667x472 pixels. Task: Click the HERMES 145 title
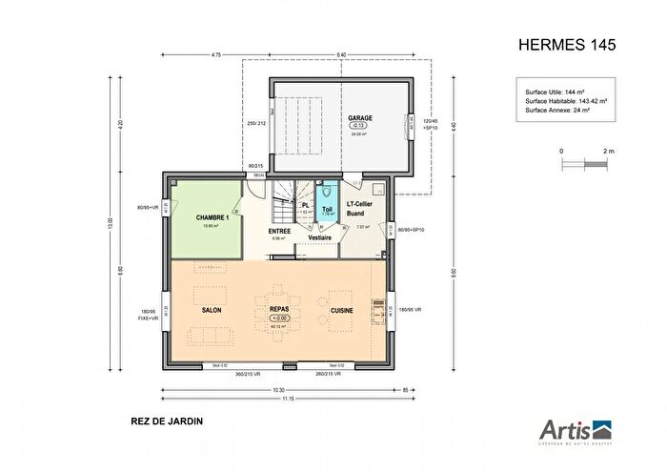tap(568, 45)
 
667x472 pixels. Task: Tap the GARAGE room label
tap(359, 118)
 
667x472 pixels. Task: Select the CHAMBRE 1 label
tap(213, 217)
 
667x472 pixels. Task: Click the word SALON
tap(212, 311)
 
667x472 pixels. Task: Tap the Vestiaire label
tap(319, 237)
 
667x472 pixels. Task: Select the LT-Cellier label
tap(364, 205)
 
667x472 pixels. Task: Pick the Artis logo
tap(576, 431)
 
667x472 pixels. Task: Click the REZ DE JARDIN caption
tap(167, 420)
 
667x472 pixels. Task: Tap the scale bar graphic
tap(585, 163)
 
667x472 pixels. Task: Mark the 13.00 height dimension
tap(111, 225)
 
